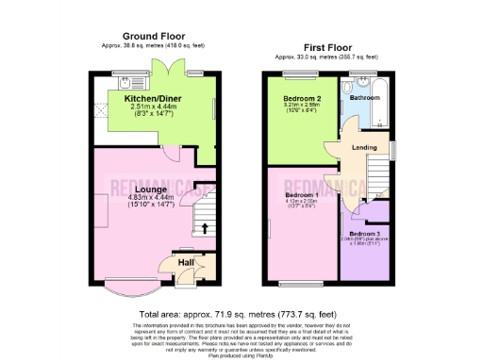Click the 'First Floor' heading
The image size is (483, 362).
click(x=329, y=46)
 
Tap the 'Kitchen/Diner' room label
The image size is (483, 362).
click(x=156, y=98)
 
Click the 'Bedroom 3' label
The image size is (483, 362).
click(x=366, y=233)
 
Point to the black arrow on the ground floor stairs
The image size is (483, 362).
click(x=205, y=227)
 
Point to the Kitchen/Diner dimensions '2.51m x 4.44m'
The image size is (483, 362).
click(x=156, y=107)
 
